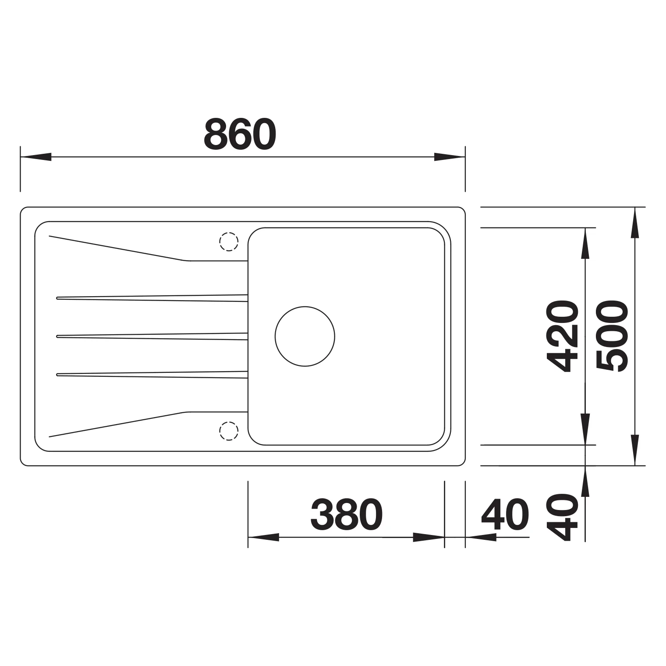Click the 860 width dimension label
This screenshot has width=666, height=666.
tap(240, 134)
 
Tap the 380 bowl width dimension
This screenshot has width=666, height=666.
tap(347, 514)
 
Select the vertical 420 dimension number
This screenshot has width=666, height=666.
tap(562, 336)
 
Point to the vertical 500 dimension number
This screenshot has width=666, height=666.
tap(612, 336)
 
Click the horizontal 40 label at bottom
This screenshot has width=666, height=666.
tap(505, 514)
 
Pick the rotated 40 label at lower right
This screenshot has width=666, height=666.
tap(562, 517)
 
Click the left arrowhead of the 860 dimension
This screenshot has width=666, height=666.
tap(36, 157)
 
